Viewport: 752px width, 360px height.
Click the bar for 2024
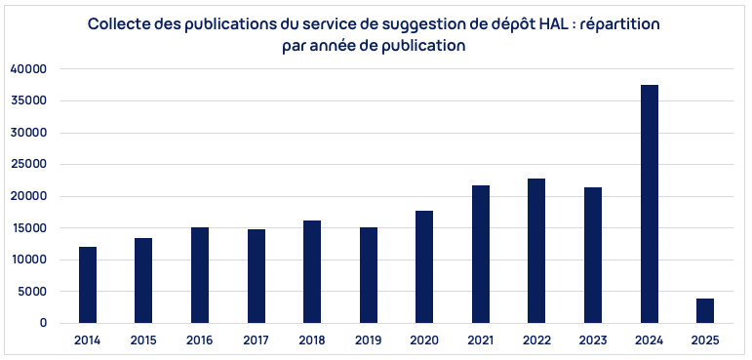click(649, 204)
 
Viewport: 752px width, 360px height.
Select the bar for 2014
click(88, 285)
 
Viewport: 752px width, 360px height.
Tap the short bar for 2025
click(705, 310)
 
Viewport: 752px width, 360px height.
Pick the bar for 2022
click(536, 251)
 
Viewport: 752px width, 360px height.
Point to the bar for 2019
click(369, 275)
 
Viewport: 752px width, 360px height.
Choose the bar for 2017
click(257, 276)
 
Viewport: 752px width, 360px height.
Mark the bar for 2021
click(481, 254)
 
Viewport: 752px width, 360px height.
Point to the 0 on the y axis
click(43, 323)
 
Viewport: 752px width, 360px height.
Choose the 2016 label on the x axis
click(200, 340)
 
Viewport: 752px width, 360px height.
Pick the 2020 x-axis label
click(424, 340)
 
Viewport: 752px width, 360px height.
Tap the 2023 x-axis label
click(593, 340)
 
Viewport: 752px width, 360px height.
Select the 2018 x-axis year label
click(312, 340)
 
